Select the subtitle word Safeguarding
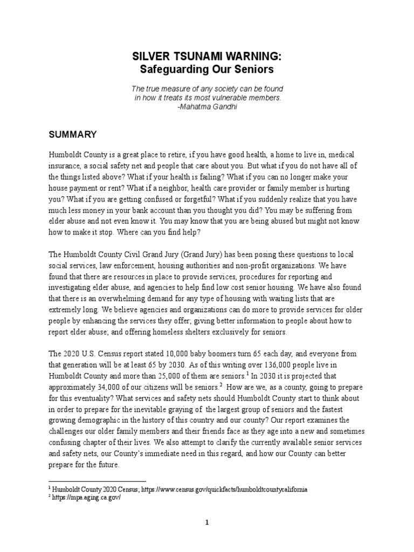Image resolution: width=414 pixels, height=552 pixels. pos(166,70)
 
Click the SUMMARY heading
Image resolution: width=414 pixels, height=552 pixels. pos(73,134)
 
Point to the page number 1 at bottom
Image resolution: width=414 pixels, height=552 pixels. pos(206,522)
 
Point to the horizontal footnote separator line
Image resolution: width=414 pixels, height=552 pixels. pos(98,481)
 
